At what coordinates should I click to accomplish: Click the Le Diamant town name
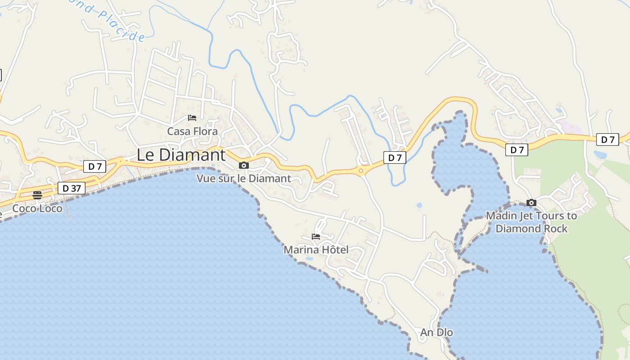181,155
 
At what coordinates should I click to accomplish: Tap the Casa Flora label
192,131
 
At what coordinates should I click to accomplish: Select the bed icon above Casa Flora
192,118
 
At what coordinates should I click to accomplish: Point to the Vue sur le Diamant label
244,179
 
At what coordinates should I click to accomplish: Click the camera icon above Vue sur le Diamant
244,166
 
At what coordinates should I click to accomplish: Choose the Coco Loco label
37,208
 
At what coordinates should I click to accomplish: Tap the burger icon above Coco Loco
37,195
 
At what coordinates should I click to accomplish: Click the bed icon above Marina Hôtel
316,237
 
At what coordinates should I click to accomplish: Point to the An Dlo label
436,333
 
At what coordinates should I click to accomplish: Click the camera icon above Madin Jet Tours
531,203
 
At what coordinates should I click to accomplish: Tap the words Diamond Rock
531,229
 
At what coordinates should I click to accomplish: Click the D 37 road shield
72,188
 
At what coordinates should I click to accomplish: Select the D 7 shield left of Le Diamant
94,166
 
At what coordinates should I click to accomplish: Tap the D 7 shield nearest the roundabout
395,157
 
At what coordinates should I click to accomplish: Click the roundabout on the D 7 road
361,171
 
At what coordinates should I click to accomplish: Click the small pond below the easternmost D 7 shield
599,155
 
